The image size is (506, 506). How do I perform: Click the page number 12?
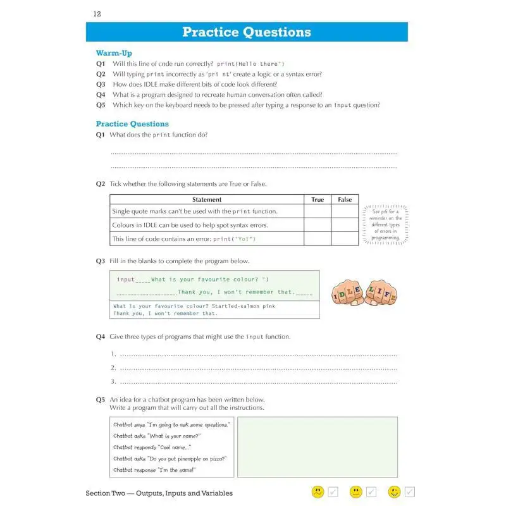coord(97,13)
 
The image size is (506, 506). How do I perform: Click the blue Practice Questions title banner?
coord(247,32)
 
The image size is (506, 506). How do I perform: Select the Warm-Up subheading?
coord(114,53)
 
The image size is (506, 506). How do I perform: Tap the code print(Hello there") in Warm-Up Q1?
coord(250,64)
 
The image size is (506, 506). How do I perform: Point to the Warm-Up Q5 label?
coord(101,105)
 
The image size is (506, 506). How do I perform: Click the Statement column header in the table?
coord(207,199)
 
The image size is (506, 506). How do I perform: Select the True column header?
coord(318,199)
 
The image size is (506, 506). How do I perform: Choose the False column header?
coord(345,199)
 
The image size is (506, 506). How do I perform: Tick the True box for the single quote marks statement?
coord(318,212)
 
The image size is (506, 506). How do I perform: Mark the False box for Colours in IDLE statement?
coord(345,225)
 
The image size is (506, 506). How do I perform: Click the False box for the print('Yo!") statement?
coord(345,239)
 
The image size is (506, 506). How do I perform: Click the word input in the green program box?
coord(126,280)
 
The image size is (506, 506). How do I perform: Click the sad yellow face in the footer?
coord(318,491)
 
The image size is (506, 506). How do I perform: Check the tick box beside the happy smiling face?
coord(410,491)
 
